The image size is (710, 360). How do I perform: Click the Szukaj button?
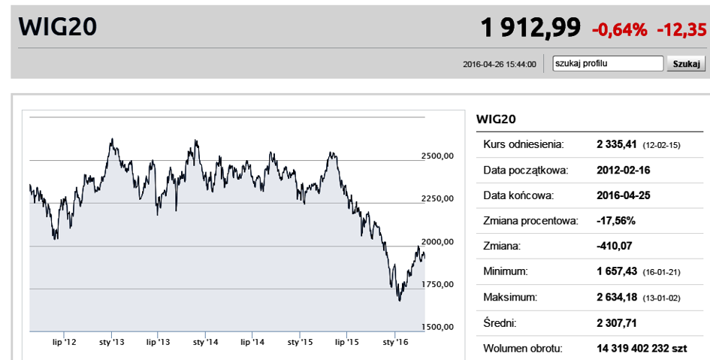686,64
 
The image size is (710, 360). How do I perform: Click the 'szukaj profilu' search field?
607,64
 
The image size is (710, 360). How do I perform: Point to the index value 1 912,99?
530,29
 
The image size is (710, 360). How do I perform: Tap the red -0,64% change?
619,30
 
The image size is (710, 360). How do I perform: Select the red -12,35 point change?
681,30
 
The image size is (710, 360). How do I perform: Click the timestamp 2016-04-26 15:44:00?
500,65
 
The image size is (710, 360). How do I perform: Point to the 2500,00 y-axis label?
437,156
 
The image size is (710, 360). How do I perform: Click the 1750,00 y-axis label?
437,284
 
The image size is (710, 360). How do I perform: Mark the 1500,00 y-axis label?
437,327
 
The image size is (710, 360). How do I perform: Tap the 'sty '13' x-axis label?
111,342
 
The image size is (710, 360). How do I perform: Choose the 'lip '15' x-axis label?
346,342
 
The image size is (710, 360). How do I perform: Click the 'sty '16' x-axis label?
394,342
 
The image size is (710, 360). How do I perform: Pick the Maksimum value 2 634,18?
617,298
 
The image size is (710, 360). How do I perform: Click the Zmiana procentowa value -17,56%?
616,221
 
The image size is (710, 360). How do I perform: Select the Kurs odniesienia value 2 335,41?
617,144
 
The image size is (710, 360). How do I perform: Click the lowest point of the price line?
399,301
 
